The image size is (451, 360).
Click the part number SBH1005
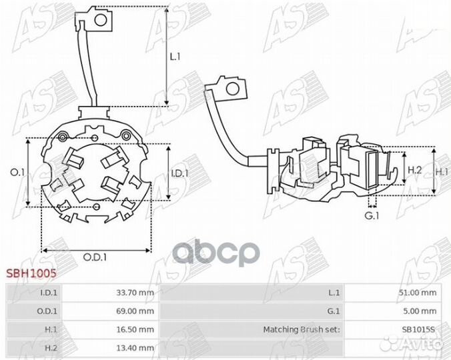31,273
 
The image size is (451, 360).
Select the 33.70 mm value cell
135,293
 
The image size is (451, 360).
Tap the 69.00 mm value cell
135,311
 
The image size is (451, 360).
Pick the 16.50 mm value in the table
135,329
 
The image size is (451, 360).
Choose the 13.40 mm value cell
135,348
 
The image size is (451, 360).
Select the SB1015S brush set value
419,329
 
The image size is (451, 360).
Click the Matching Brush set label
302,329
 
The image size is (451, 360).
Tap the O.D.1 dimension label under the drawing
95,257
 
